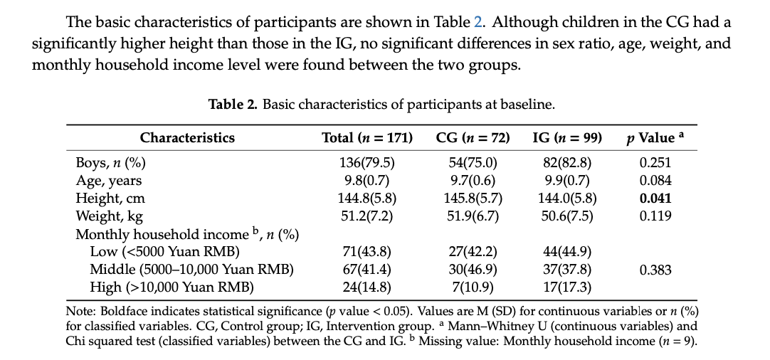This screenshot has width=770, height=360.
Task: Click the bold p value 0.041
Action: tap(655, 198)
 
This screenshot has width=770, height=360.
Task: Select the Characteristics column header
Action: tap(187, 138)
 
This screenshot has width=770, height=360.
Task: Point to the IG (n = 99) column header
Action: tap(567, 138)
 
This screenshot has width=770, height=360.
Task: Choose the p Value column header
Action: tap(655, 138)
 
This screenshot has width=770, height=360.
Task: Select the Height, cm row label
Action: tap(110, 198)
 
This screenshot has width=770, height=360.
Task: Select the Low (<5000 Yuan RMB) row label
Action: tap(164, 252)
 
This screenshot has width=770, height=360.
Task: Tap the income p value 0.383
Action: tap(655, 270)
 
